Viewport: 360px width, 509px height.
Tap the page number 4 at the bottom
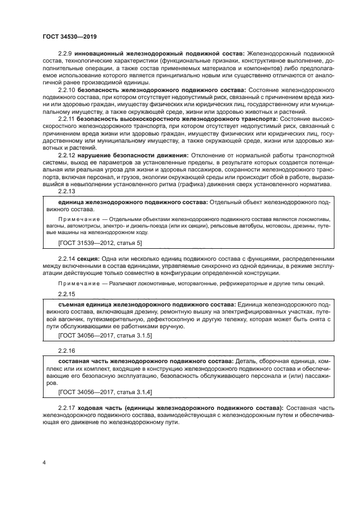(44, 463)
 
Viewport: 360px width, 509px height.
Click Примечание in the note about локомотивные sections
(76, 284)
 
